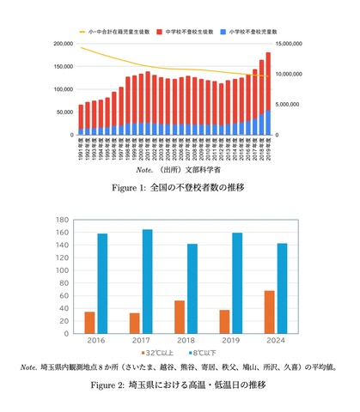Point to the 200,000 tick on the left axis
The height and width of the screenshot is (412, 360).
tap(62, 44)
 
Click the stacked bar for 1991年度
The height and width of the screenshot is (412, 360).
tap(81, 119)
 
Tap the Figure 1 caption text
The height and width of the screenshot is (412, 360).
tap(180, 187)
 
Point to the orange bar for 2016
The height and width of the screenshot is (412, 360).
tap(90, 323)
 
